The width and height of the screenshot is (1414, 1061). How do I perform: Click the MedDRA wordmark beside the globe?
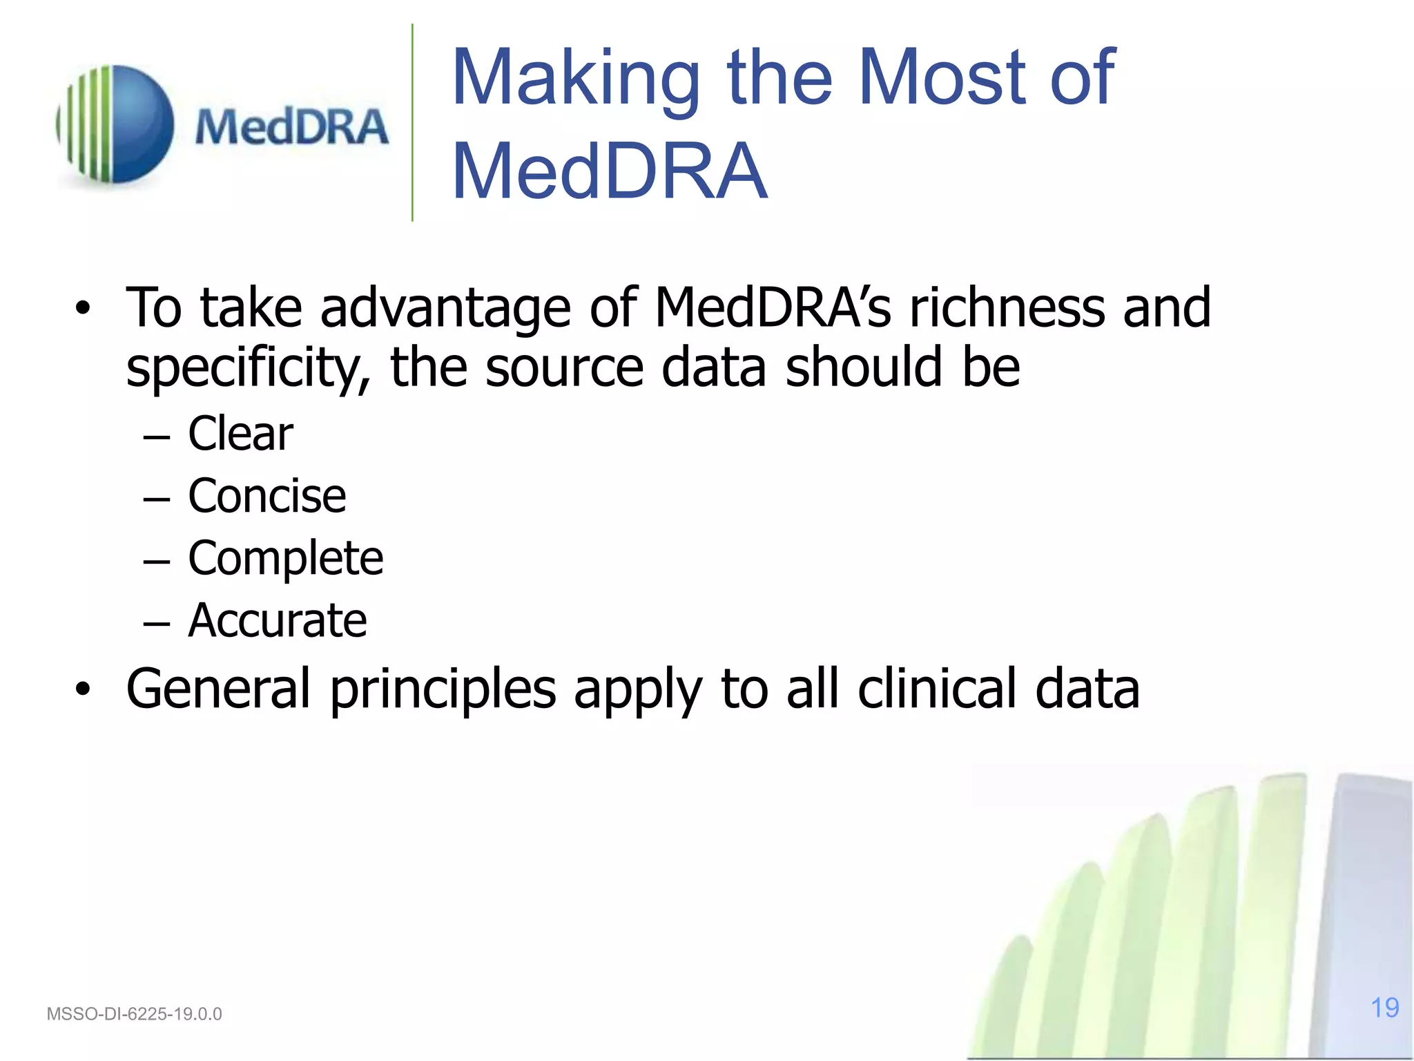click(291, 127)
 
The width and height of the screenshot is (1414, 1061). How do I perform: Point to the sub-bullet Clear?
click(240, 434)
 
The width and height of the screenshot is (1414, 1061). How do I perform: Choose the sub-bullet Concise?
click(267, 496)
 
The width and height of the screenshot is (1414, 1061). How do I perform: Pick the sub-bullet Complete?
click(285, 558)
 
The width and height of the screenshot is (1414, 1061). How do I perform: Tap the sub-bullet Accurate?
click(277, 620)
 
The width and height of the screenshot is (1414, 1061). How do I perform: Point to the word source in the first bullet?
click(564, 368)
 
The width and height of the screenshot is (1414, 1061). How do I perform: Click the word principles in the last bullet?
click(443, 690)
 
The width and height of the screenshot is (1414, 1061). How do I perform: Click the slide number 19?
click(1384, 1008)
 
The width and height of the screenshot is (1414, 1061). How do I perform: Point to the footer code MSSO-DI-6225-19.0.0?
click(134, 1014)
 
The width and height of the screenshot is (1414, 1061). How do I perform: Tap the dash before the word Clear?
click(157, 438)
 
